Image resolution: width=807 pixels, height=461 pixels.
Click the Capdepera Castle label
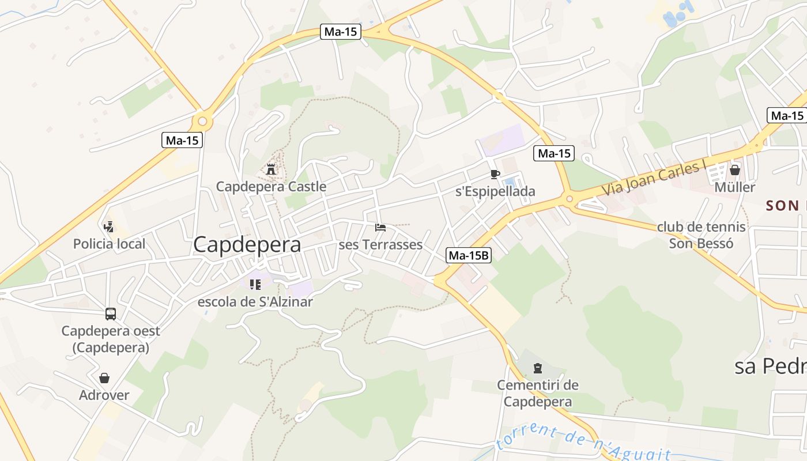[x=271, y=187]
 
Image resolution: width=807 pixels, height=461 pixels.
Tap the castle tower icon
[x=270, y=169]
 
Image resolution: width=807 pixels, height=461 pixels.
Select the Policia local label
[x=109, y=244]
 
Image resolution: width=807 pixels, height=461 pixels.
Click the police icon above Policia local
[x=108, y=226]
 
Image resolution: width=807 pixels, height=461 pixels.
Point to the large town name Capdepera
[x=247, y=245]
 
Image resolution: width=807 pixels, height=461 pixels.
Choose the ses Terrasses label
[x=380, y=245]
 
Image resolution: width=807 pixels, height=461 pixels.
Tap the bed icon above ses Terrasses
[x=380, y=228]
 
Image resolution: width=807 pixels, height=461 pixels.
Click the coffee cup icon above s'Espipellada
[x=495, y=174]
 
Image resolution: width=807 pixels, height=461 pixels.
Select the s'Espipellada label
[x=495, y=191]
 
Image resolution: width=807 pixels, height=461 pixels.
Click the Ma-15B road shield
[x=469, y=255]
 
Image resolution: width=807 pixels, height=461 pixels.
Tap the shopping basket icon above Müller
[x=734, y=170]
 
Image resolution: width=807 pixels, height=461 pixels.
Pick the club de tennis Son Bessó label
[x=701, y=235]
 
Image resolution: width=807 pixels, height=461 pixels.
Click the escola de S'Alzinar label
[x=255, y=302]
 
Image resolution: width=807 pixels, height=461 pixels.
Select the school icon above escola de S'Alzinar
[x=255, y=284]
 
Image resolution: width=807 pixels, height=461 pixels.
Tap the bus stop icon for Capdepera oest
[x=111, y=314]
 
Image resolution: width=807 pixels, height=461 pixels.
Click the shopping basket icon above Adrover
[x=104, y=378]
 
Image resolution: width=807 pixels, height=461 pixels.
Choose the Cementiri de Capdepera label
[x=538, y=393]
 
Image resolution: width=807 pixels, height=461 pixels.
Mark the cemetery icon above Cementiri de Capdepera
[x=538, y=368]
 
